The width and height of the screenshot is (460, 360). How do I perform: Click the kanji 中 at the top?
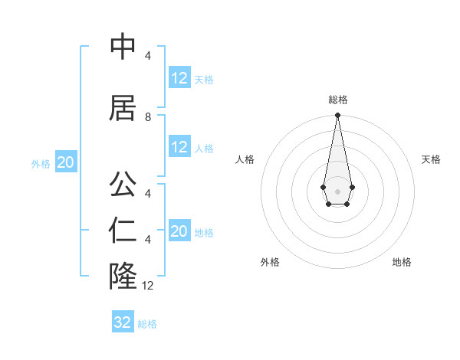click(x=123, y=48)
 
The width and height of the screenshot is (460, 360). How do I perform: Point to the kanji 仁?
click(x=123, y=231)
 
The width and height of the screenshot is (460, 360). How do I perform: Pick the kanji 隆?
click(x=123, y=275)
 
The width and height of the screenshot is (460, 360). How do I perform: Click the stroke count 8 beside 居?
click(x=148, y=117)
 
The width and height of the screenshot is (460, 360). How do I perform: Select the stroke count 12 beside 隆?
click(x=148, y=286)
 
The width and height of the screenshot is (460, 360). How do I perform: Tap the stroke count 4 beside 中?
click(x=148, y=56)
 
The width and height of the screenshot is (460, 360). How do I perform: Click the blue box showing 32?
click(x=123, y=322)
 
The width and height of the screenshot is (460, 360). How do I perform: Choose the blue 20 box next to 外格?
click(x=65, y=162)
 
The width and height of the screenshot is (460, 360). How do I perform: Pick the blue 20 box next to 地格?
click(x=179, y=231)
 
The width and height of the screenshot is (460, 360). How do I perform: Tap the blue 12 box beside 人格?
click(x=179, y=147)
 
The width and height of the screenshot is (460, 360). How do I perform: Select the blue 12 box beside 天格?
click(x=179, y=78)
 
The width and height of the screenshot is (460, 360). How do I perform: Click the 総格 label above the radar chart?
click(x=337, y=100)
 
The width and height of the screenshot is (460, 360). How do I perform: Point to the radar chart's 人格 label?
click(x=245, y=159)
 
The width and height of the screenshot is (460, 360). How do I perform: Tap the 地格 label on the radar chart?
click(x=402, y=263)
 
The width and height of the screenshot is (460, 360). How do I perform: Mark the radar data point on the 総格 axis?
click(x=337, y=116)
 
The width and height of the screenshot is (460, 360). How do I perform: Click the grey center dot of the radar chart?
click(x=337, y=191)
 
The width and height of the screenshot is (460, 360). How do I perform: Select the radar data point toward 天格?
click(x=352, y=187)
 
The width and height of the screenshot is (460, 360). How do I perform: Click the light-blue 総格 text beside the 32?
click(x=147, y=324)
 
